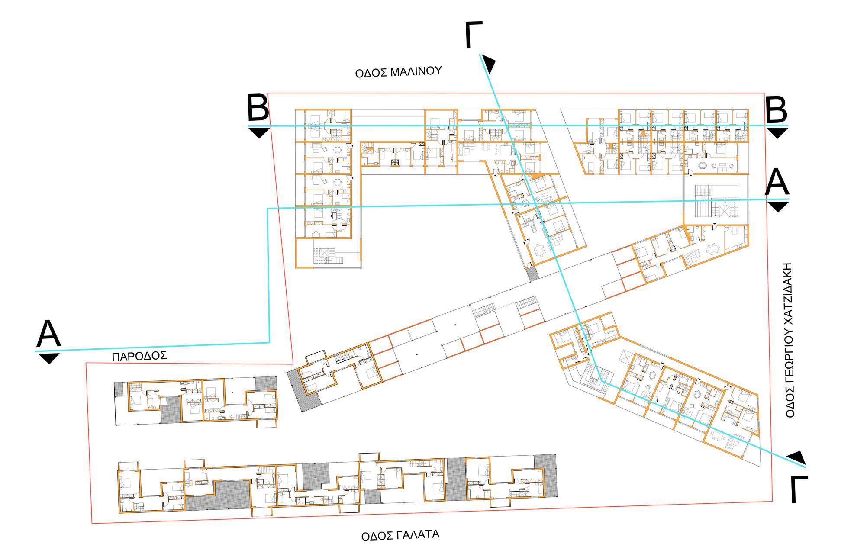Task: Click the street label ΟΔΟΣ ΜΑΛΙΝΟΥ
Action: [398, 72]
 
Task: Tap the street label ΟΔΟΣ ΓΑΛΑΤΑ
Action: [400, 535]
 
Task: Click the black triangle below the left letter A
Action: [48, 358]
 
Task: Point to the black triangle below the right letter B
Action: [777, 132]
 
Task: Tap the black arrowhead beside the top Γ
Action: [490, 64]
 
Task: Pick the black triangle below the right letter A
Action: [778, 206]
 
